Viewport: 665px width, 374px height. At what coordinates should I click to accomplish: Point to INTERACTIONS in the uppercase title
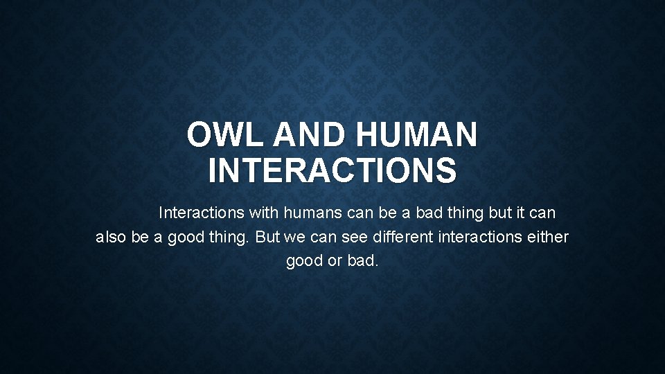(x=332, y=170)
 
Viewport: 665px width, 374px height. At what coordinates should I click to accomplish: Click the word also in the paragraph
(x=111, y=237)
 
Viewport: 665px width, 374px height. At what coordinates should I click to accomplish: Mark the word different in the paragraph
(x=403, y=237)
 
